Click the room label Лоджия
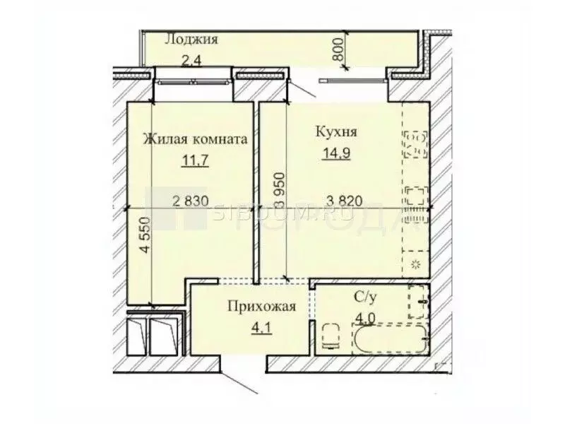[191, 40]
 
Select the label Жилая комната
[195, 139]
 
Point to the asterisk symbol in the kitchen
[415, 265]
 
